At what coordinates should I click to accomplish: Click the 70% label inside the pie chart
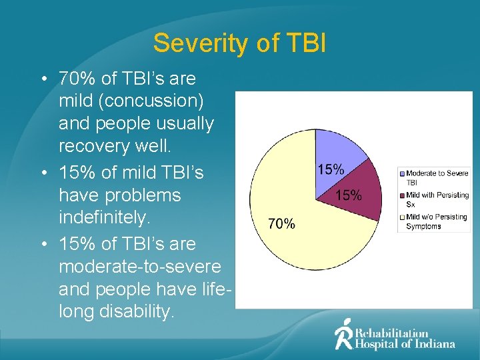[x=281, y=224]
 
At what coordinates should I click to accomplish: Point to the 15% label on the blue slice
[x=330, y=169]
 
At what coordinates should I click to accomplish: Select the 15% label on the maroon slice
[x=348, y=195]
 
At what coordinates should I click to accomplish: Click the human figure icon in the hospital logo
[x=343, y=333]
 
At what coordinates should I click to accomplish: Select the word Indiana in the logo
[x=433, y=344]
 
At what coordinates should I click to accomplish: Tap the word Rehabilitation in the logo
[x=391, y=333]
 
